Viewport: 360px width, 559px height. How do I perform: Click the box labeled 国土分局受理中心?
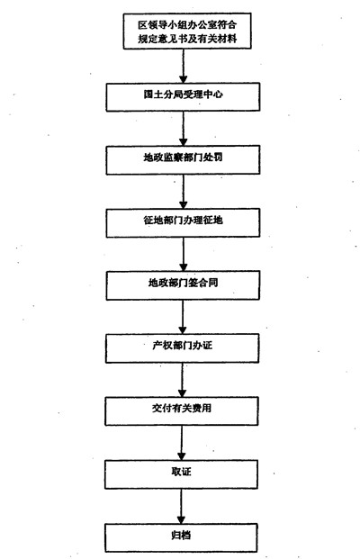click(183, 97)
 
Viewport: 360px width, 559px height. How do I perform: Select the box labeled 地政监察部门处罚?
click(183, 159)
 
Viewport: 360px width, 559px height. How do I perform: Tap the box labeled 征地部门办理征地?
click(183, 223)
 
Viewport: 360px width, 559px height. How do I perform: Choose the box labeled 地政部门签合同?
click(183, 285)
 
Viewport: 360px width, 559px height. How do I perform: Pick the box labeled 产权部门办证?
click(182, 348)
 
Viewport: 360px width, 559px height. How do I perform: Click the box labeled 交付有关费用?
click(182, 411)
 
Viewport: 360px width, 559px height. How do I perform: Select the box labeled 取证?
click(182, 474)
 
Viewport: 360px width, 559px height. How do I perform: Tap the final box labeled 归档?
click(181, 537)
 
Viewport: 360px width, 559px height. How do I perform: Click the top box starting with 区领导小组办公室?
click(187, 31)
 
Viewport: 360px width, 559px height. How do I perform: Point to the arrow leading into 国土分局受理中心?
click(184, 66)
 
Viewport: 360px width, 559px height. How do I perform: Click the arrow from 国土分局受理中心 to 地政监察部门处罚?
click(184, 129)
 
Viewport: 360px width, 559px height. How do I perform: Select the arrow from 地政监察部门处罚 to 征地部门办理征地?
click(184, 192)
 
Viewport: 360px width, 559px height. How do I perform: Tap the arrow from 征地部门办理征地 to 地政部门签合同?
click(184, 254)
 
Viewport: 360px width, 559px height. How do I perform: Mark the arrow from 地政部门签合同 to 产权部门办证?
click(183, 317)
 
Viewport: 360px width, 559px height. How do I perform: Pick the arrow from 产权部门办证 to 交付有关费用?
click(182, 380)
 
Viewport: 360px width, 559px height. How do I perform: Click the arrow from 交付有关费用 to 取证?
click(182, 443)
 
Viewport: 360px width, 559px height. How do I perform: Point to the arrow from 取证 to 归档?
click(182, 506)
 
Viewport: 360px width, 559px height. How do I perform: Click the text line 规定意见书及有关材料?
click(187, 39)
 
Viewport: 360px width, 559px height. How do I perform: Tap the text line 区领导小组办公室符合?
click(187, 25)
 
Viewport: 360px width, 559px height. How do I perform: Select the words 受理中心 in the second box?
click(203, 95)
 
